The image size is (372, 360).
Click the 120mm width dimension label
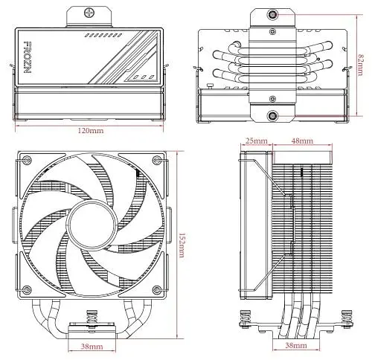click(91, 130)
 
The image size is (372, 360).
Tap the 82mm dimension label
click(360, 65)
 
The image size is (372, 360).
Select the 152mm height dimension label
click(182, 245)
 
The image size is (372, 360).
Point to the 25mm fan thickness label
click(257, 141)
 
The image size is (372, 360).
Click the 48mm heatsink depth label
click(302, 141)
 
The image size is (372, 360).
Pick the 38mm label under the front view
click(92, 347)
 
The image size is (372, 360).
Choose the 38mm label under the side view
click(296, 345)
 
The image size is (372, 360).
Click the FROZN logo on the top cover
click(28, 57)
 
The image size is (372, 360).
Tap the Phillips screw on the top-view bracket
click(89, 12)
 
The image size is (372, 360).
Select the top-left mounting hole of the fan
click(27, 159)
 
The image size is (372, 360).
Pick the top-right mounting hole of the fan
click(157, 159)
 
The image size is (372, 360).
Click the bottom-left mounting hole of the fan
click(27, 289)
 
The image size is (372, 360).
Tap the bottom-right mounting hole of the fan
click(157, 289)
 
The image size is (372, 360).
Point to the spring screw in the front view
click(92, 318)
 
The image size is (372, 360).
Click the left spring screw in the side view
click(244, 318)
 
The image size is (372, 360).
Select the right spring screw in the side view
click(347, 318)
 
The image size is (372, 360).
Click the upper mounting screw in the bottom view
click(272, 15)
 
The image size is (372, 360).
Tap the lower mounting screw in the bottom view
click(272, 115)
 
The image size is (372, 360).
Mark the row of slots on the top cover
click(103, 35)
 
